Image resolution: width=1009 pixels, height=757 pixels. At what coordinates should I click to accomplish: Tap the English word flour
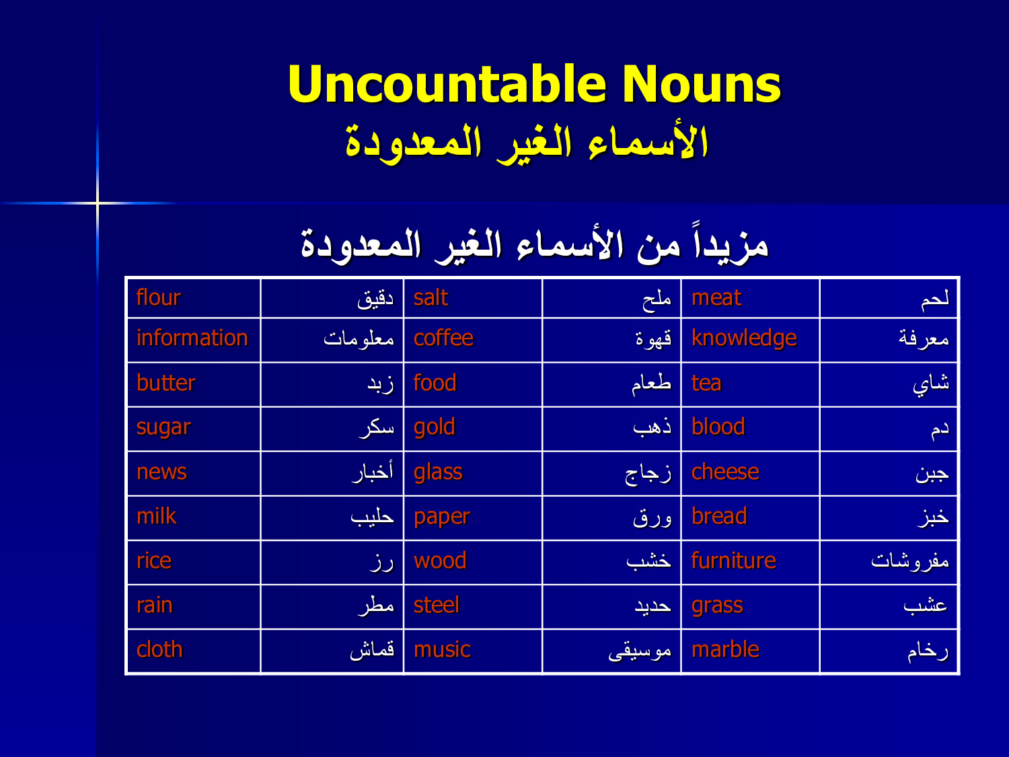pos(159,297)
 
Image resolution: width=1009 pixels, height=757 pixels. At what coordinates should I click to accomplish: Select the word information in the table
pos(192,338)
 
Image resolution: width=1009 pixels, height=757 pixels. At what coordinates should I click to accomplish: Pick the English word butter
pos(166,383)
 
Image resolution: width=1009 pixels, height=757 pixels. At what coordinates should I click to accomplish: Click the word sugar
pos(163,428)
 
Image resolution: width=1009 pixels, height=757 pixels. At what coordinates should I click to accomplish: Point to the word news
pos(162,472)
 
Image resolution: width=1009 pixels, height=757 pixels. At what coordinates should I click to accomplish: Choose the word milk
pos(156,515)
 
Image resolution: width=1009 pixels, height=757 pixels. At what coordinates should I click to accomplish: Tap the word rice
pos(154,561)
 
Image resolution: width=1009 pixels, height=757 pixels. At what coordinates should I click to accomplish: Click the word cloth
pos(159,649)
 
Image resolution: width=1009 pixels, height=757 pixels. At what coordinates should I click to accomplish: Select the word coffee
pos(443,338)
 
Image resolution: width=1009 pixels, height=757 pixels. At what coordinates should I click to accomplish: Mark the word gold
pos(435,428)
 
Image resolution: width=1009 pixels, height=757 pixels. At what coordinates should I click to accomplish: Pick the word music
pos(442,650)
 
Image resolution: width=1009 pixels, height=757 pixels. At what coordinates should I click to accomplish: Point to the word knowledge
pos(744,338)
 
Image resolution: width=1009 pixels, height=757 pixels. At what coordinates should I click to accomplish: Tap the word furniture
pos(734,561)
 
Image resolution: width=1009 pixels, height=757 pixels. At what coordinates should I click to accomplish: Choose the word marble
pos(725,649)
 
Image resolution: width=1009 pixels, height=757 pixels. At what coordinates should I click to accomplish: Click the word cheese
pos(725,472)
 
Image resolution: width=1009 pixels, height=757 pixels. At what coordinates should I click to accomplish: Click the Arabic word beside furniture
pos(910,561)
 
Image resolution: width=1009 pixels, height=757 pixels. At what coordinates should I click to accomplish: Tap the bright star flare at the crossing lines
pos(98,203)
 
